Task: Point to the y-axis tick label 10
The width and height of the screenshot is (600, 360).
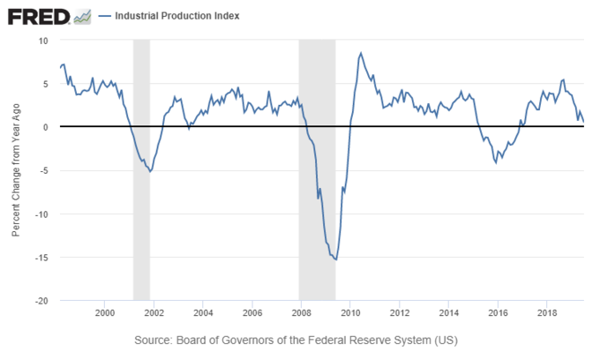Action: click(x=42, y=41)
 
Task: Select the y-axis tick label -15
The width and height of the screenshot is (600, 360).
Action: click(x=41, y=258)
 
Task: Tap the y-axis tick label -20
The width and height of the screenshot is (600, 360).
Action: click(x=41, y=301)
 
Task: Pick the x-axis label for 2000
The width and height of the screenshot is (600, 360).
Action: click(x=104, y=314)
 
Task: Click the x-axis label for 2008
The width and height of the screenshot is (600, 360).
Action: click(x=301, y=314)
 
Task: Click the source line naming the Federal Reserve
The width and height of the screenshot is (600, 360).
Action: click(x=296, y=340)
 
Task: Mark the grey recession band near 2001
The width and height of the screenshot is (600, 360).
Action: click(x=141, y=168)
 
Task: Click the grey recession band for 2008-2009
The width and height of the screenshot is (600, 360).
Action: click(x=317, y=168)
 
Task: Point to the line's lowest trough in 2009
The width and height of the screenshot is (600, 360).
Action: click(x=336, y=259)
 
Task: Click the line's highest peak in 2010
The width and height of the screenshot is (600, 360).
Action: click(x=361, y=53)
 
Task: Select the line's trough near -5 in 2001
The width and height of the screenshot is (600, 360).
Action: click(x=150, y=171)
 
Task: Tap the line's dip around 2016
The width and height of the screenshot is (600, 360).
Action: click(x=496, y=162)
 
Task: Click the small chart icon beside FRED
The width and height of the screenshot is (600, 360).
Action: click(x=84, y=17)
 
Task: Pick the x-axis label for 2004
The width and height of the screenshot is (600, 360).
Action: click(x=202, y=314)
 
